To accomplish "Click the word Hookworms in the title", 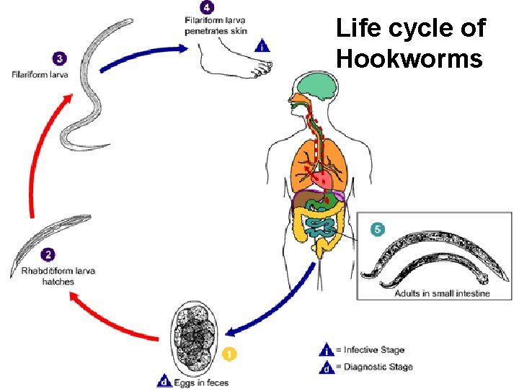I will point(409,58).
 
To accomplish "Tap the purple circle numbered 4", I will point(208,9).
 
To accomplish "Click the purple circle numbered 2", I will point(48,254).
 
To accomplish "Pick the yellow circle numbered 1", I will point(229,354).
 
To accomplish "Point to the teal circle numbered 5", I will point(375,229).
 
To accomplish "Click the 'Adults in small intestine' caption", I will point(442,293).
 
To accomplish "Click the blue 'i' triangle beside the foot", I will point(262,46).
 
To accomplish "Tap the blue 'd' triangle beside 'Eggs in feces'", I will point(164,381).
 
